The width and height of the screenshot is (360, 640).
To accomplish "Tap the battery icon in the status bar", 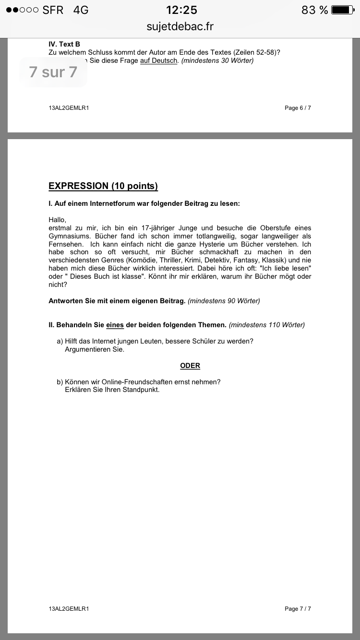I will click(343, 10).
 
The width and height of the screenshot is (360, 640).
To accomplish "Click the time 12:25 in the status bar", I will click(181, 10).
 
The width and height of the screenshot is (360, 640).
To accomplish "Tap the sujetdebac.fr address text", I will click(180, 26).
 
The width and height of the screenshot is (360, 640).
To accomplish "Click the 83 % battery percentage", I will click(315, 10).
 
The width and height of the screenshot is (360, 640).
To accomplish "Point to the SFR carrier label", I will click(53, 10).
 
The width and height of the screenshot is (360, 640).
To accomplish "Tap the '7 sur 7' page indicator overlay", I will click(53, 72).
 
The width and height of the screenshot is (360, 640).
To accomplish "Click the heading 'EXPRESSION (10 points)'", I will click(103, 186).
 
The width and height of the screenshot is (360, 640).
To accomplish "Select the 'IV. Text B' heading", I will click(64, 44).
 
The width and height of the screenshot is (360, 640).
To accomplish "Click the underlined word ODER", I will click(190, 366).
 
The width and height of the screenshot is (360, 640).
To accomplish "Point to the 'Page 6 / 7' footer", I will click(298, 108).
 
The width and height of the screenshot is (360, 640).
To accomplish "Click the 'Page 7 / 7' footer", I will click(298, 609).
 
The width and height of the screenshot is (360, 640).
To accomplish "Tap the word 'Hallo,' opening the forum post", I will click(58, 220).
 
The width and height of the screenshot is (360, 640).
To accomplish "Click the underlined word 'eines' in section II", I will click(115, 325).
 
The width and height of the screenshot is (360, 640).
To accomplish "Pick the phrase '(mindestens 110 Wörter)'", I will click(267, 325).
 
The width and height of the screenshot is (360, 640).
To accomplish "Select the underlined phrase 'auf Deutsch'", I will click(158, 60).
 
